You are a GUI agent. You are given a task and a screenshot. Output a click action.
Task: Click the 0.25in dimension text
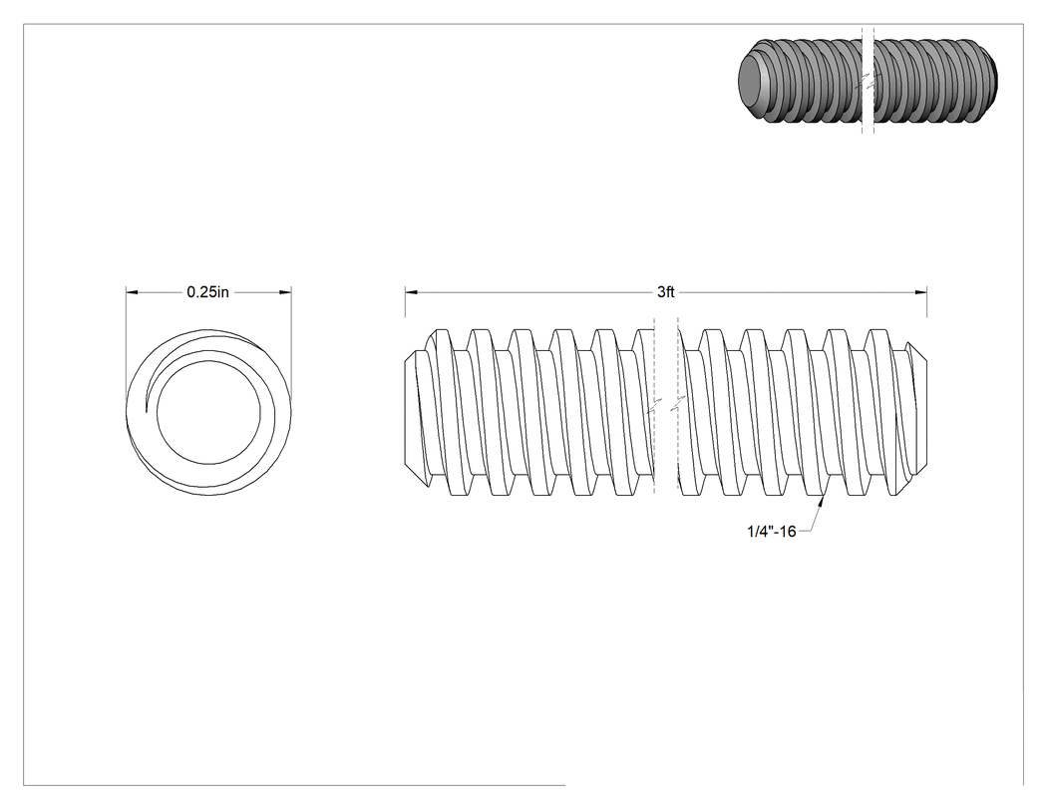pos(207,292)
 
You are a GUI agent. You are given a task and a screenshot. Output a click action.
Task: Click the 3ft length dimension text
pos(666,292)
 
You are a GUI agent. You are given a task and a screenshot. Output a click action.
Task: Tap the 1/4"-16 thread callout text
pos(771,531)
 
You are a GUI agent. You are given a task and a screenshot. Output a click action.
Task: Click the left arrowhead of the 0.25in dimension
pos(133,292)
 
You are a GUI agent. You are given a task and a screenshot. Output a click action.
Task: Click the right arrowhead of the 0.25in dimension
pos(286,292)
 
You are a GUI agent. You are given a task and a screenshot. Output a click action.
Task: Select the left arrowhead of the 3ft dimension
pos(411,292)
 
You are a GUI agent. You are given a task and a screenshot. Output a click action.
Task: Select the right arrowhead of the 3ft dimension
pos(920,292)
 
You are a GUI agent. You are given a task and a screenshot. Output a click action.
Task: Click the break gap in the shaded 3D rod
pos(868,80)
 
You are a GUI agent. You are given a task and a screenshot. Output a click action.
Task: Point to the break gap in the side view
pos(666,408)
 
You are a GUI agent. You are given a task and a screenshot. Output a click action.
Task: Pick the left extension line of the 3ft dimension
pos(405,302)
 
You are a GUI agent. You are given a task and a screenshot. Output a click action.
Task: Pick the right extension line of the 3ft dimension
pos(926,302)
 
